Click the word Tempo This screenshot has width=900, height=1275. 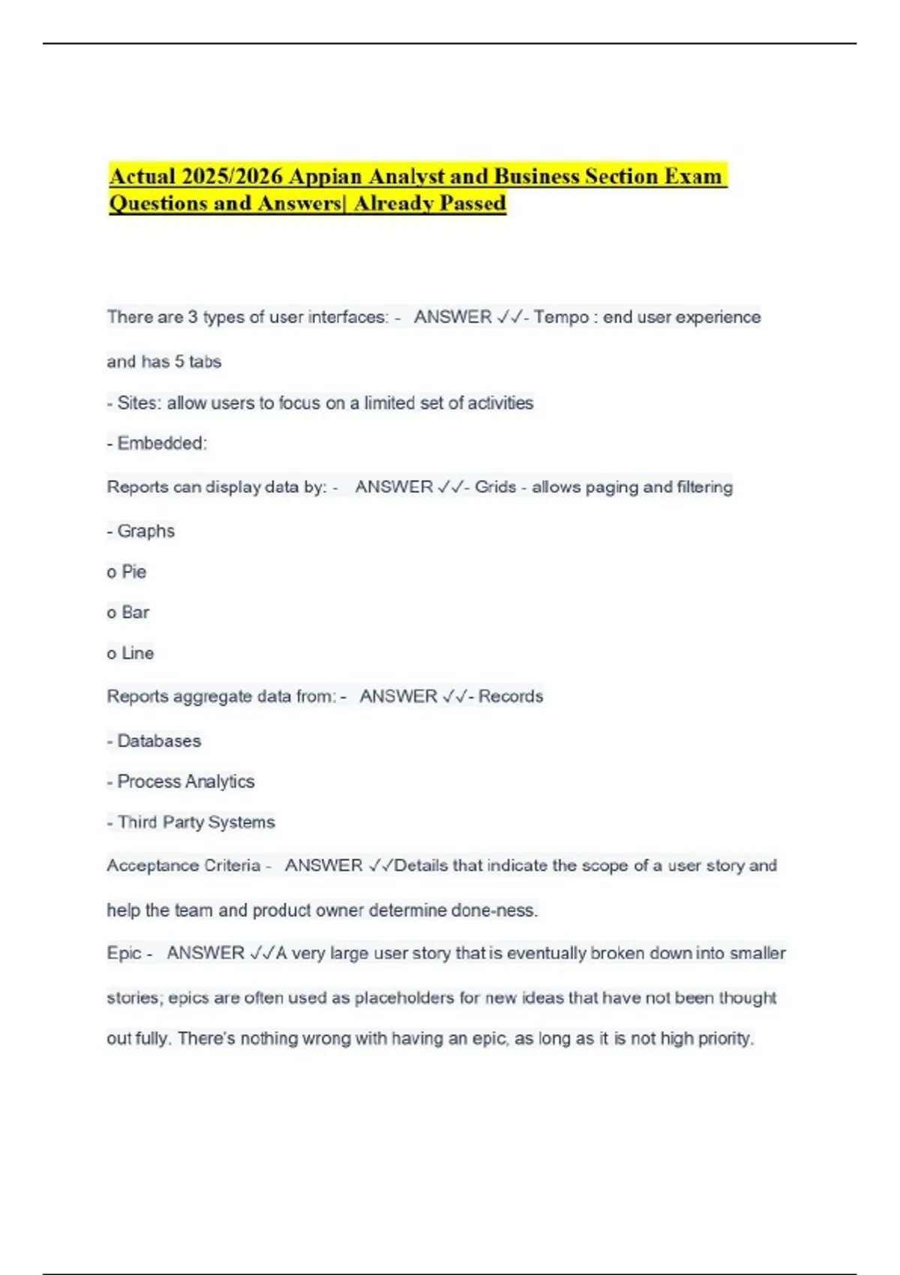coord(561,317)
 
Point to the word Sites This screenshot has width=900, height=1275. coord(139,403)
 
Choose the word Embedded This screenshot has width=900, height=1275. coord(161,443)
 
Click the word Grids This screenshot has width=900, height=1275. coord(495,487)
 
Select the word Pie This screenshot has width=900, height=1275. coord(133,571)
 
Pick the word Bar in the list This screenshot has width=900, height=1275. coord(135,612)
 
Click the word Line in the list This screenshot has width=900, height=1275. coord(137,653)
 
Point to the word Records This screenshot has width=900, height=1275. coord(511,696)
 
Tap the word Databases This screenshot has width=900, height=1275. coord(159,741)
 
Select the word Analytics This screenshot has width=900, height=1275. coord(218,781)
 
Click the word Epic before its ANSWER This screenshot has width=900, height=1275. coord(124,953)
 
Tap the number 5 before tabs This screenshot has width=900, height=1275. coord(179,361)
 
